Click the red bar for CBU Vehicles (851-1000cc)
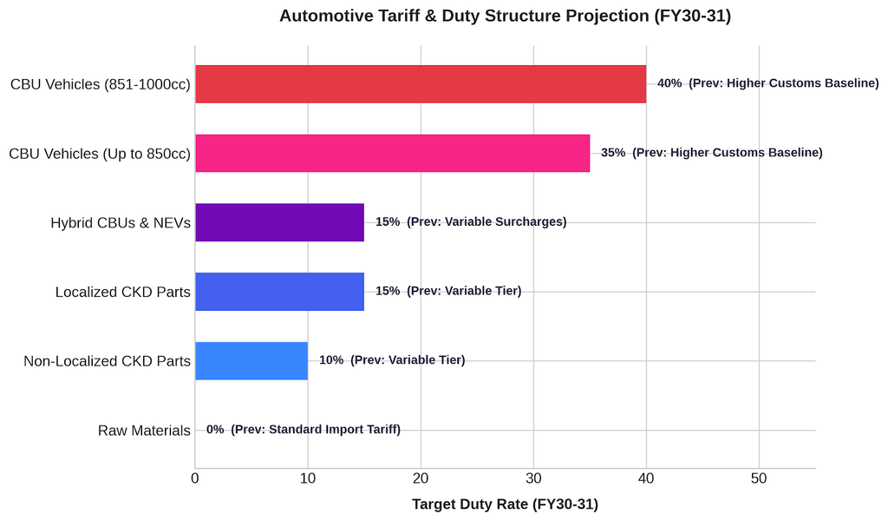point(421,84)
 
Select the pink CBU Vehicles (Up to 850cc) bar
point(393,153)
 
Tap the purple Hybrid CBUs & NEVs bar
point(280,222)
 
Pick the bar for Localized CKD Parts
point(280,292)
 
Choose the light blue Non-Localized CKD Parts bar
point(251,360)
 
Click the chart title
point(506,16)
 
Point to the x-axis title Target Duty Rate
point(506,504)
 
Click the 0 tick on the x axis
point(195,478)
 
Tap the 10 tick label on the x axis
point(308,478)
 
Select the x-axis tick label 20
point(421,478)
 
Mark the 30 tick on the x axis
point(533,478)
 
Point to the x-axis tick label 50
point(759,478)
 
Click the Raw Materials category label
point(144,431)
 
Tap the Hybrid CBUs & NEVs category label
point(121,223)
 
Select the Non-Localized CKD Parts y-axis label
point(107,361)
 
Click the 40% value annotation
point(669,83)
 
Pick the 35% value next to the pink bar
point(613,153)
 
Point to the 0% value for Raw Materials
point(215,429)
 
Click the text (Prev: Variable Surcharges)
point(486,221)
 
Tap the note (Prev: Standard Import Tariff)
point(316,429)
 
